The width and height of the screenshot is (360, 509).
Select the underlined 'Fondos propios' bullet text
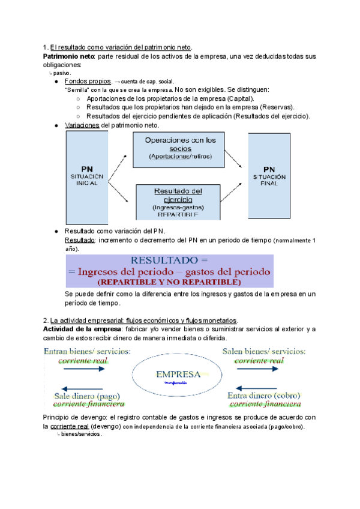point(88,81)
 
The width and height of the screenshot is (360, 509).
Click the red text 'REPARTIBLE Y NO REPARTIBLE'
point(170,281)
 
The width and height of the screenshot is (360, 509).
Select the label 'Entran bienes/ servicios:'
point(88,351)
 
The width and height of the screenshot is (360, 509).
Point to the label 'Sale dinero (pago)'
point(88,396)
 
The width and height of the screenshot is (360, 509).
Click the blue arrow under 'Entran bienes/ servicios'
point(82,370)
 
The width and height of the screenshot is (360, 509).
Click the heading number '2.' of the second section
point(46,321)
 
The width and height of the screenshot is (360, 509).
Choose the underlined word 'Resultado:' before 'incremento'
point(80,241)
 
